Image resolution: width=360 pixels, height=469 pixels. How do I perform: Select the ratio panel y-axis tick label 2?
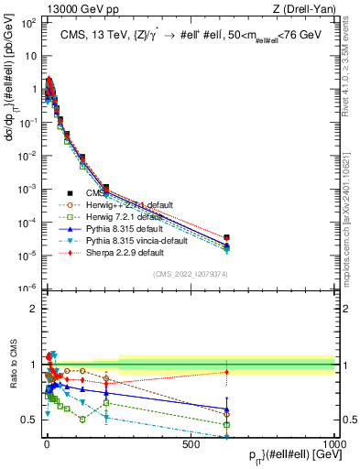coord(31,309)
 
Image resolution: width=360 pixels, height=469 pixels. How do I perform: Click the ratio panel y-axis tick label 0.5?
coord(27,420)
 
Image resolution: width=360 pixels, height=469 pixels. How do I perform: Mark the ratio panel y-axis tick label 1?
coord(31,365)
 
